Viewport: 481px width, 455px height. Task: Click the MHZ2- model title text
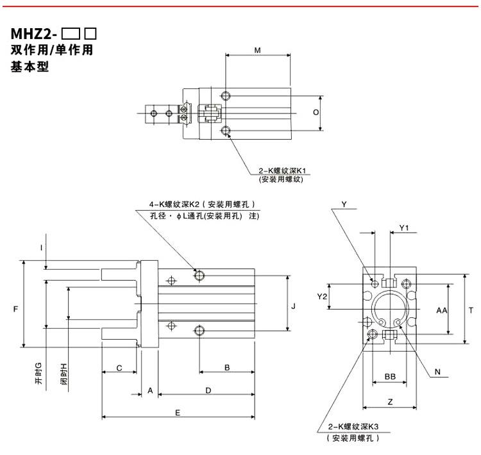tap(34, 34)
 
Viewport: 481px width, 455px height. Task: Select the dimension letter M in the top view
tap(258, 50)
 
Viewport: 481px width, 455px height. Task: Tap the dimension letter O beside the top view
tap(316, 113)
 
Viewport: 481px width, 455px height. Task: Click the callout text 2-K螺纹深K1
tap(282, 170)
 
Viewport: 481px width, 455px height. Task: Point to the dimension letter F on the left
tap(16, 309)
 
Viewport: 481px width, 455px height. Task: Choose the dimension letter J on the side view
tap(293, 306)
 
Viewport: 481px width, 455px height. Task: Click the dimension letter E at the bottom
tap(178, 413)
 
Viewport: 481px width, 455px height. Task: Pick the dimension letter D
tap(208, 391)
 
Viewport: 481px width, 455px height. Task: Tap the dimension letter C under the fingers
tap(119, 368)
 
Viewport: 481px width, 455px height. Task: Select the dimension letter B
tap(227, 367)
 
